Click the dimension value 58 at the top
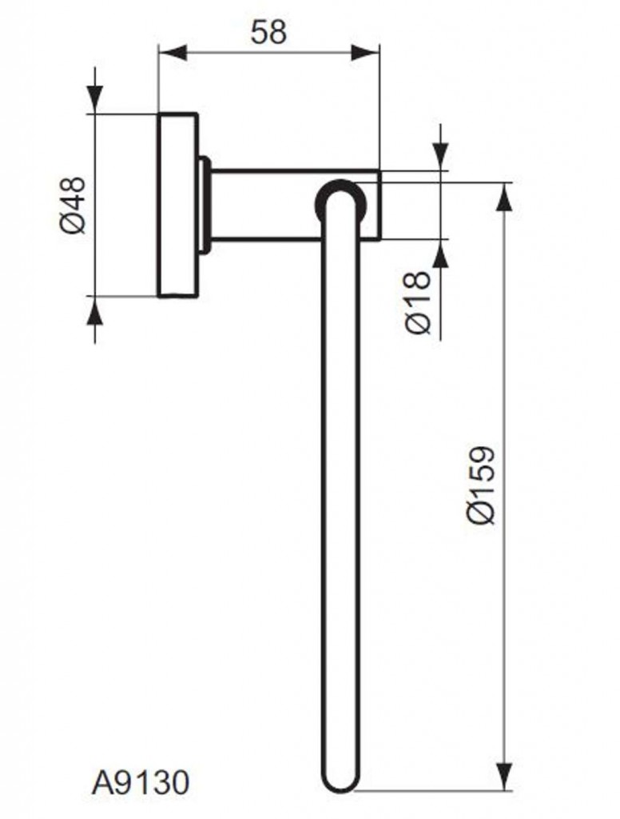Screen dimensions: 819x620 pyautogui.click(x=268, y=32)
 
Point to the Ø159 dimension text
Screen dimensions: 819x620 pyautogui.click(x=482, y=485)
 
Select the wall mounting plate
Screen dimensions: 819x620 pyautogui.click(x=177, y=205)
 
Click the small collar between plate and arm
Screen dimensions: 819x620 pyautogui.click(x=205, y=205)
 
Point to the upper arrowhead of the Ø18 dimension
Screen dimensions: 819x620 pyautogui.click(x=439, y=157)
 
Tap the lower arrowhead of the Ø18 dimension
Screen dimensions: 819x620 pyautogui.click(x=439, y=254)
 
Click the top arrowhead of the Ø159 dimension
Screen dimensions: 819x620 pyautogui.click(x=503, y=196)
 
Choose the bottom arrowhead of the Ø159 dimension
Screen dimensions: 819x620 pyautogui.click(x=503, y=777)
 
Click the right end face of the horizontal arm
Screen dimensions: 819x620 pyautogui.click(x=379, y=205)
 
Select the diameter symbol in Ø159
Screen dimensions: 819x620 pyautogui.click(x=482, y=513)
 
